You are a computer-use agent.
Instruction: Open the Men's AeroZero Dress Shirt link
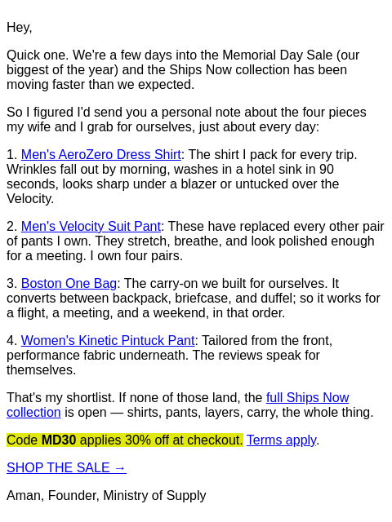point(101,155)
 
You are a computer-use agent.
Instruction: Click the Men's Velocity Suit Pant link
point(91,227)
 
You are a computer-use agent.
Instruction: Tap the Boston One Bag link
point(69,284)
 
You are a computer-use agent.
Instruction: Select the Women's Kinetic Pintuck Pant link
point(108,341)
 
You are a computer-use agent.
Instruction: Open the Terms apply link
point(281,440)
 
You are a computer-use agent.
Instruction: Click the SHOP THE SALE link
point(66,467)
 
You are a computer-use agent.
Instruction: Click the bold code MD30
point(59,440)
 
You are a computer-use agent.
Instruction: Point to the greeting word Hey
point(18,27)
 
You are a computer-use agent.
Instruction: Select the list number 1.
point(11,155)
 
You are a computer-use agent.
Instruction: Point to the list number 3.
point(11,284)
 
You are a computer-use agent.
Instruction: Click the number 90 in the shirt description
point(327,170)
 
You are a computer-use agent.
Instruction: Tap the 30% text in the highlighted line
point(138,440)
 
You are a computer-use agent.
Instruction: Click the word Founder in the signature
point(73,496)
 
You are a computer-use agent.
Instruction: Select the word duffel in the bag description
point(276,299)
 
